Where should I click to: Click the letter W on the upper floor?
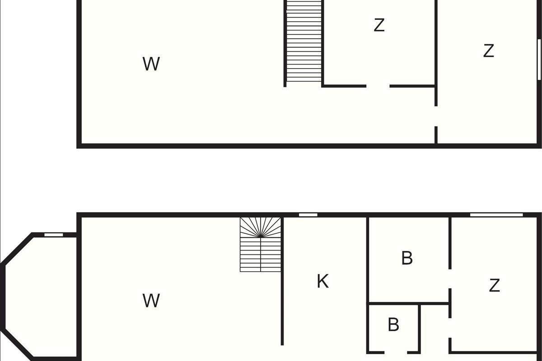click(151, 64)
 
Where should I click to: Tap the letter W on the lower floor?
click(151, 301)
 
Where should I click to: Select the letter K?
click(323, 281)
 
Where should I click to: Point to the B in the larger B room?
click(407, 258)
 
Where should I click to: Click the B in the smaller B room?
click(393, 324)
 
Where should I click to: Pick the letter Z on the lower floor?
click(494, 285)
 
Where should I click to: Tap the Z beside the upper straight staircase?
click(379, 25)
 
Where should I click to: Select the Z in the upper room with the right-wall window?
click(489, 51)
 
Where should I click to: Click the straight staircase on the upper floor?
click(304, 41)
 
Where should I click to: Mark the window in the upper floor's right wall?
click(539, 60)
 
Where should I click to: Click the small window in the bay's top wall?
click(54, 235)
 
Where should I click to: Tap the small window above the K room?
click(308, 215)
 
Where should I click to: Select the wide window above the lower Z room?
click(496, 215)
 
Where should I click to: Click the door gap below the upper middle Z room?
click(378, 86)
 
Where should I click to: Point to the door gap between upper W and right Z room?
click(436, 116)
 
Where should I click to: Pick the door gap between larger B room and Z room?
click(450, 279)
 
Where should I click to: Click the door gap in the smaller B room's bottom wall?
click(396, 352)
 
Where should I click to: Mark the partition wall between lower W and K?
click(282, 281)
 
